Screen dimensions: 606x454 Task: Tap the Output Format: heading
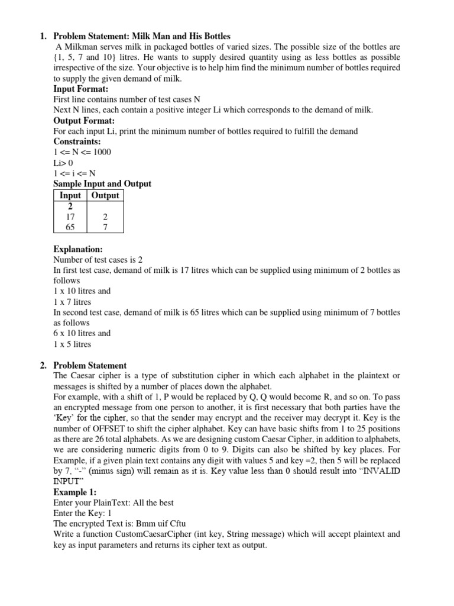click(84, 121)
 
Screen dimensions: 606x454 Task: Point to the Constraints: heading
click(77, 141)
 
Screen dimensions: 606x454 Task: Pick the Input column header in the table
click(70, 195)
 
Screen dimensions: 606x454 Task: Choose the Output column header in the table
click(105, 195)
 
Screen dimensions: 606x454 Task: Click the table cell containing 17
click(70, 217)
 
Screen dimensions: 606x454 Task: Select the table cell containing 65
click(70, 227)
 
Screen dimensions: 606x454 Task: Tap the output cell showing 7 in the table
click(105, 227)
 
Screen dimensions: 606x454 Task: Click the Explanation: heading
click(78, 249)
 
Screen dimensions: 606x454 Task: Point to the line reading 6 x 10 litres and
click(82, 333)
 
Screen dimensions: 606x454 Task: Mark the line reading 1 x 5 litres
click(72, 344)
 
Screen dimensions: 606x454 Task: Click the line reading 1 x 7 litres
click(72, 302)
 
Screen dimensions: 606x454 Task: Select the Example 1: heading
click(74, 492)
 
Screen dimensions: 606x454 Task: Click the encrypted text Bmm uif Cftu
click(165, 524)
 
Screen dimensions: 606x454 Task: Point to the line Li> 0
click(63, 163)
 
